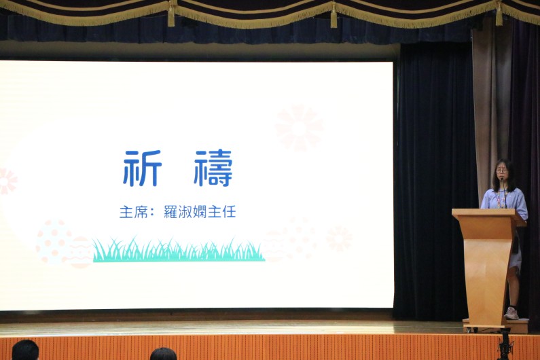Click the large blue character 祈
point(142,168)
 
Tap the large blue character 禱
point(213,168)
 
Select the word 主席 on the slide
point(133,212)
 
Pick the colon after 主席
point(152,213)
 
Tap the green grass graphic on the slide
point(179,250)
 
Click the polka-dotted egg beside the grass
point(53,242)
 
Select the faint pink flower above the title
point(300,128)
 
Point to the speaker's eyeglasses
point(502,170)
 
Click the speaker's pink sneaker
point(511,313)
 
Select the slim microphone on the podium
point(505,193)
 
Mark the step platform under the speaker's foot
point(496,325)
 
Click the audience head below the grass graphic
point(163,354)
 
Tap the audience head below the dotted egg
point(25,350)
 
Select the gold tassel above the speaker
point(499,13)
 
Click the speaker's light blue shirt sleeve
point(522,206)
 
